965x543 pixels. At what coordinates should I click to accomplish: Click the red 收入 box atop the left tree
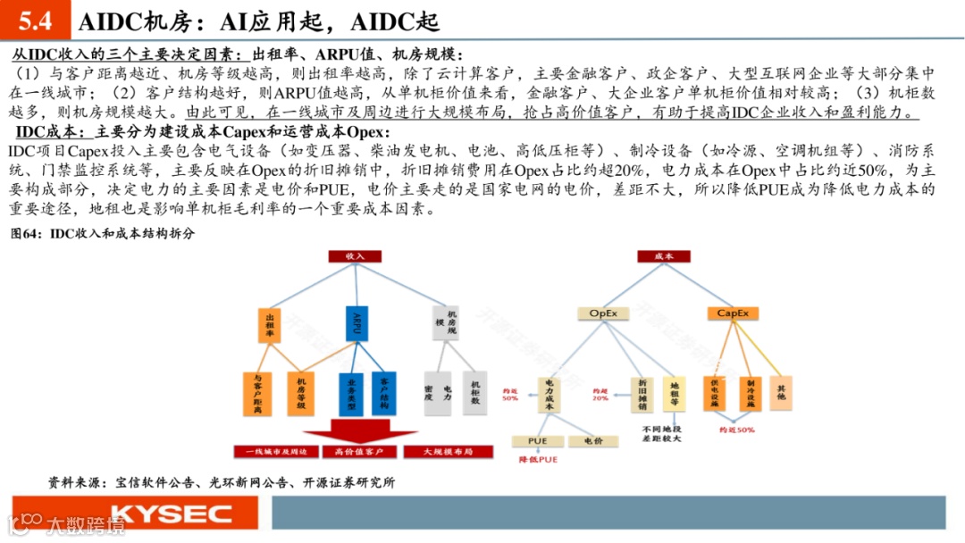click(355, 255)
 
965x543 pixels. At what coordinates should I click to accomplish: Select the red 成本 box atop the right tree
click(664, 255)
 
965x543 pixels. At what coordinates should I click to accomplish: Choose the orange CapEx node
click(733, 313)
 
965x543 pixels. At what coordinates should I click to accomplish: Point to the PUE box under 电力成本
click(538, 440)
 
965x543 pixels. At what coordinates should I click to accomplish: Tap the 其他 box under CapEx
click(782, 392)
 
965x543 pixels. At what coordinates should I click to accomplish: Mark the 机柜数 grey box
click(475, 392)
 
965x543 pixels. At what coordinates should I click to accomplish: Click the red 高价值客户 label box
click(355, 452)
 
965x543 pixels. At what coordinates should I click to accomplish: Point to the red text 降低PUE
click(538, 459)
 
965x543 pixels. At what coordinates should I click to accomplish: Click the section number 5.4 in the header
click(36, 21)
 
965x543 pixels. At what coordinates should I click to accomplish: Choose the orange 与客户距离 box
click(257, 392)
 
